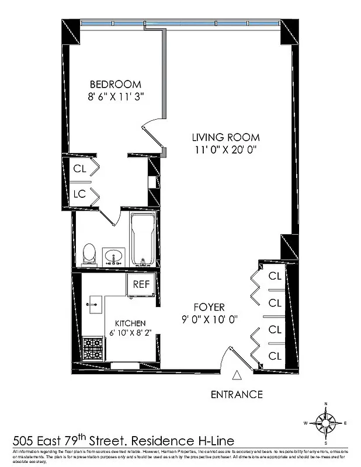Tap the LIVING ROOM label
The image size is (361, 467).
click(x=226, y=138)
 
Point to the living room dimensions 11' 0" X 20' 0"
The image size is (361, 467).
click(x=226, y=149)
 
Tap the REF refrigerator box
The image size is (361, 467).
click(x=141, y=285)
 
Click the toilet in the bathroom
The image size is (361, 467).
click(x=89, y=253)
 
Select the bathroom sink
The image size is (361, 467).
click(x=113, y=256)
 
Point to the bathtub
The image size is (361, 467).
click(x=143, y=239)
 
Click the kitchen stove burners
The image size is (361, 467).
click(x=91, y=349)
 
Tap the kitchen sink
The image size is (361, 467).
click(x=93, y=304)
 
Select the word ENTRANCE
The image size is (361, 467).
click(x=237, y=394)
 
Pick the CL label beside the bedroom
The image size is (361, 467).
click(x=79, y=169)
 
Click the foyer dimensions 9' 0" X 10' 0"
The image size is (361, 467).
click(x=209, y=319)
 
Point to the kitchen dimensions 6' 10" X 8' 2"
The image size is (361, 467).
click(x=130, y=333)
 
